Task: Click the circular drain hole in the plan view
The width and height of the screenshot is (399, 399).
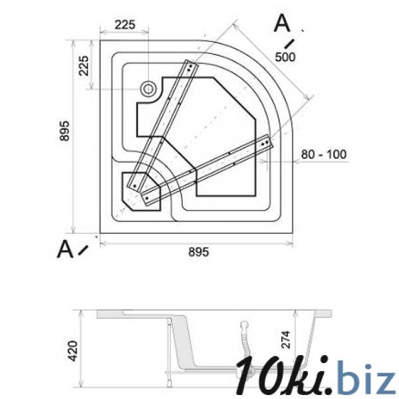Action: point(148,89)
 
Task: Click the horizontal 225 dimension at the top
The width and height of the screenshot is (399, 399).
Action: point(125,25)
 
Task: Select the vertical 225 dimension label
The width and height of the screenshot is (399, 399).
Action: point(84,66)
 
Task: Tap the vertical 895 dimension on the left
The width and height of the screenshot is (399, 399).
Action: point(65,131)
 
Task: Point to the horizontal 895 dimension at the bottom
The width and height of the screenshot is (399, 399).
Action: point(198,252)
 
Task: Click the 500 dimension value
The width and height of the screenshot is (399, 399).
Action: point(285,57)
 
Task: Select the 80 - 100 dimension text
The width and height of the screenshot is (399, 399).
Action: point(324,154)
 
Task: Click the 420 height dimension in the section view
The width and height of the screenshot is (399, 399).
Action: point(72,351)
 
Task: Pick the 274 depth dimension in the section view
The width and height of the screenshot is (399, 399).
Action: point(286,339)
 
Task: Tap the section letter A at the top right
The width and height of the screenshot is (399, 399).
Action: point(282,23)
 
